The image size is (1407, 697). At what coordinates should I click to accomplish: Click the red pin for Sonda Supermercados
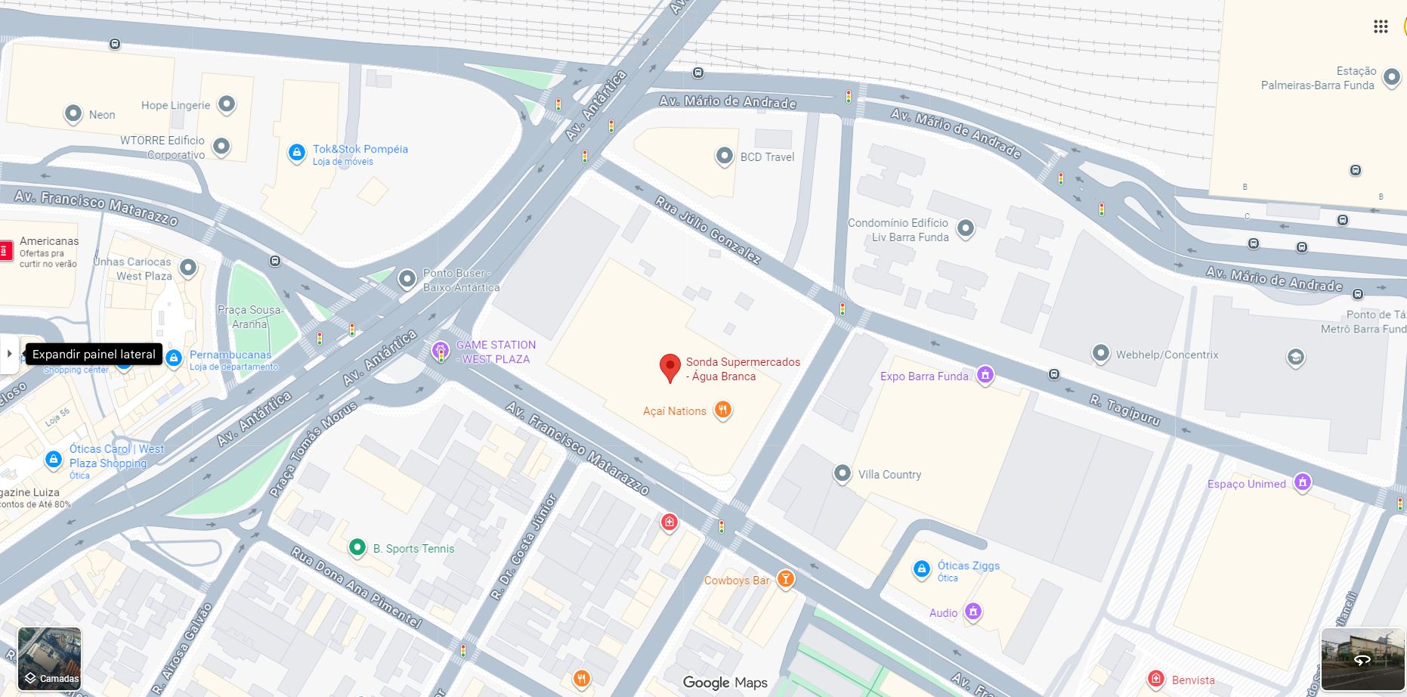(669, 367)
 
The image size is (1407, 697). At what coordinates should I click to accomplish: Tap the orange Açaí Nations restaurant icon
(723, 410)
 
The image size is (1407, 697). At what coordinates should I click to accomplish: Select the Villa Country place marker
(842, 474)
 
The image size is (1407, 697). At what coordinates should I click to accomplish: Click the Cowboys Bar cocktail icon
(785, 580)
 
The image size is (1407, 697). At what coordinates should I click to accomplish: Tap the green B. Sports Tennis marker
(357, 548)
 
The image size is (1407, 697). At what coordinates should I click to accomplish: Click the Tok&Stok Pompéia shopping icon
(297, 153)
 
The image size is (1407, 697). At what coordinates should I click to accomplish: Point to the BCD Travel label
(767, 157)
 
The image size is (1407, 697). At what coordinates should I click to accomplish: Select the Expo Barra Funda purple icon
(985, 375)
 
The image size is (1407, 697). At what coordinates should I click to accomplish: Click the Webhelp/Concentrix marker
(1101, 353)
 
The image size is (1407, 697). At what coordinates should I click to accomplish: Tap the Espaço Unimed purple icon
(1302, 482)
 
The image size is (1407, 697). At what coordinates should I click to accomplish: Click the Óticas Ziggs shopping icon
(921, 569)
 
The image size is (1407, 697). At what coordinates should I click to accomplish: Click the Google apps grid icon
(1381, 26)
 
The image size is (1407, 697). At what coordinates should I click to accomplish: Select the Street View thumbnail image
(1362, 659)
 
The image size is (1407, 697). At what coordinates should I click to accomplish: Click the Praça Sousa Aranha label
(249, 317)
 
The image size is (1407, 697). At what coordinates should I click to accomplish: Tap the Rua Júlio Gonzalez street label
(707, 230)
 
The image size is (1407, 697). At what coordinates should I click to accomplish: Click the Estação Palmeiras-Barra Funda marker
(1391, 78)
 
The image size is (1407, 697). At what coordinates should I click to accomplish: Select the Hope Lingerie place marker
(227, 104)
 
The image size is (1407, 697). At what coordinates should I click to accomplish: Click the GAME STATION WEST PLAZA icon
(441, 351)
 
